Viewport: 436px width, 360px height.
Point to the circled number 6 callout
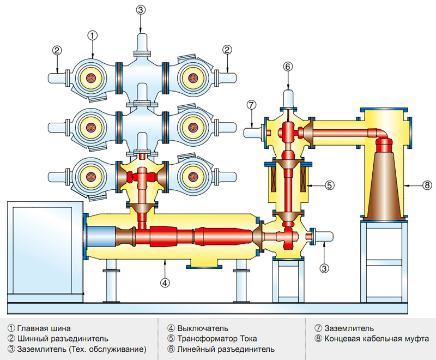pos(288,67)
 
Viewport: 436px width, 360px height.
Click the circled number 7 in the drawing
pos(251,105)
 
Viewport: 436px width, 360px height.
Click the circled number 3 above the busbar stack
pos(141,9)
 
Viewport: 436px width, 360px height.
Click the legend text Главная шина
pos(44,328)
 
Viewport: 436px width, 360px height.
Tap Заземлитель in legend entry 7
pos(349,328)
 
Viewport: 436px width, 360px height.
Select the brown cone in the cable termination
pos(384,185)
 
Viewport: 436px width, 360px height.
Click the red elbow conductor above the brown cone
pos(381,136)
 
